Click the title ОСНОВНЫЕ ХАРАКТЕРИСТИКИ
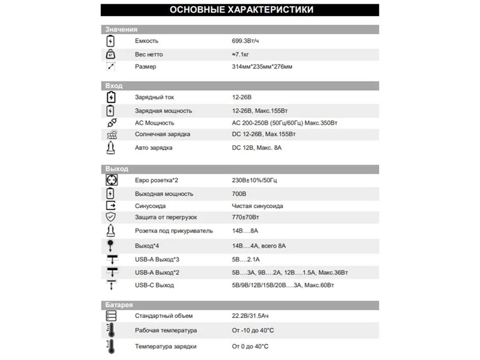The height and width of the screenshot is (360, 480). tap(241, 10)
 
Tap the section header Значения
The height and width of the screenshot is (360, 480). tap(121, 29)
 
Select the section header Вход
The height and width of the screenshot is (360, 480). tap(114, 86)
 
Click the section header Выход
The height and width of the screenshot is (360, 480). tap(116, 169)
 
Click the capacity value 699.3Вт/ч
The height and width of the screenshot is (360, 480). tap(245, 41)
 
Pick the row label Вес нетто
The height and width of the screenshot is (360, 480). tap(149, 54)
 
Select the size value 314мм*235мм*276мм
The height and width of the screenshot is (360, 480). tap(262, 67)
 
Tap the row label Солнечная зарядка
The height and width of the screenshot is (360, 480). tap(163, 135)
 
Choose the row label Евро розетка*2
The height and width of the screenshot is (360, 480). tap(157, 181)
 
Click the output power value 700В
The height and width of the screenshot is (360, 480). tap(239, 194)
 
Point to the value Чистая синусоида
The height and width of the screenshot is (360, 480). tap(257, 206)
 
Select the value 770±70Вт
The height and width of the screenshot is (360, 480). tap(245, 217)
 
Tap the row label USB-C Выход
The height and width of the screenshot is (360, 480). tap(155, 285)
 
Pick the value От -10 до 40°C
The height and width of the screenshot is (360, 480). tap(253, 331)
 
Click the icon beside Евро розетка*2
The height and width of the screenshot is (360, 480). tap(111, 180)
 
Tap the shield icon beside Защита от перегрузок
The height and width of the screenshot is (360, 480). tap(111, 217)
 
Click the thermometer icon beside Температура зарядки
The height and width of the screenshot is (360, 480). tap(111, 346)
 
